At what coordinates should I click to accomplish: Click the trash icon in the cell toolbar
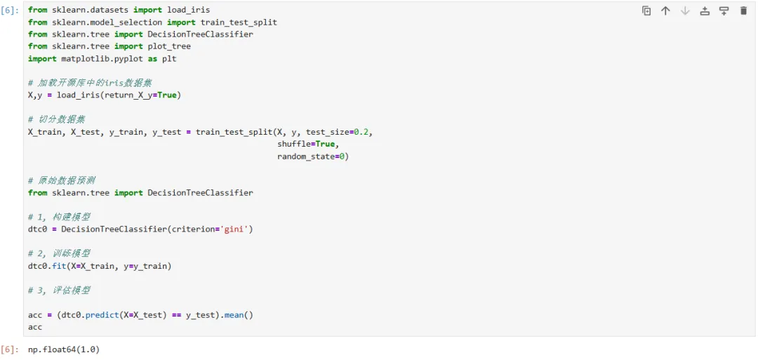coord(743,11)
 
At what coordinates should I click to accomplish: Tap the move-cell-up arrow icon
coord(665,11)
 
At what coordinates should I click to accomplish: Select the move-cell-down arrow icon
coord(685,11)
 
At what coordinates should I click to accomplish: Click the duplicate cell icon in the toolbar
coord(646,11)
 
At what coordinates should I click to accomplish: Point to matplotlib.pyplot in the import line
coord(102,58)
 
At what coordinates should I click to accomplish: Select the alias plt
coord(169,58)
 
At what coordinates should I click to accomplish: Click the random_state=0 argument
coord(310,156)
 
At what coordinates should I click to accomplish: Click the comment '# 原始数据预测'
coord(62,180)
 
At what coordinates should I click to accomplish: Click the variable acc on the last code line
coord(35,327)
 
